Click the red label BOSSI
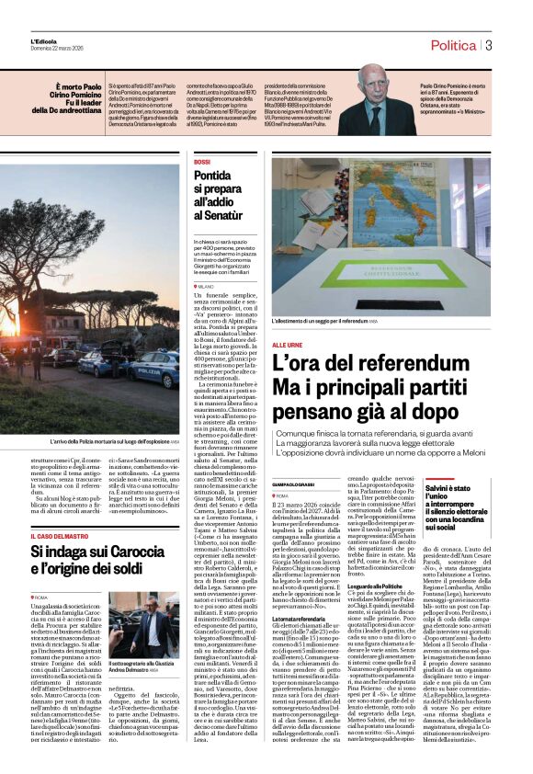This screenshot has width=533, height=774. pyautogui.click(x=202, y=162)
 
